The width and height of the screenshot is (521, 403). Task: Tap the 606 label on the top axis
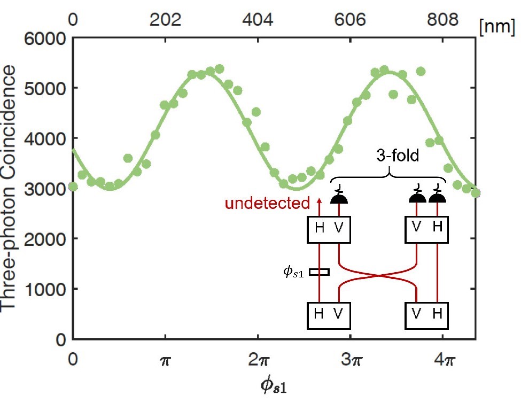pos(350,20)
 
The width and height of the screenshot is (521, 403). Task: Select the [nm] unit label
pos(497,26)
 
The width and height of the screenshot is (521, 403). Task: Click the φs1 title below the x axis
pos(274,386)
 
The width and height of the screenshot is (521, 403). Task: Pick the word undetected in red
pos(267,203)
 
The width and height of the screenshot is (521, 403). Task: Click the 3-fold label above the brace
pos(398,155)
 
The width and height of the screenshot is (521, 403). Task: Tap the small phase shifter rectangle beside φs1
pos(320,272)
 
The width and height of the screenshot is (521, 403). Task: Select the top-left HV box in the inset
pos(329,230)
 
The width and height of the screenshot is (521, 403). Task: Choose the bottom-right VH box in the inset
pos(426,316)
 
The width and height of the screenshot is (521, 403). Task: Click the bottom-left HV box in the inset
pos(329,316)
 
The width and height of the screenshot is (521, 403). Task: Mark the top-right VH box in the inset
pos(426,230)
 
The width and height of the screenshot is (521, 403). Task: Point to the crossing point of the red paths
pos(378,275)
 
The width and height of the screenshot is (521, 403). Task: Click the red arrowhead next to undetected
pos(320,200)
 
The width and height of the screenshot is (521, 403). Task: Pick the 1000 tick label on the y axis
pos(45,289)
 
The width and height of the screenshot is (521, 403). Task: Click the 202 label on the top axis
pos(165,20)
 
